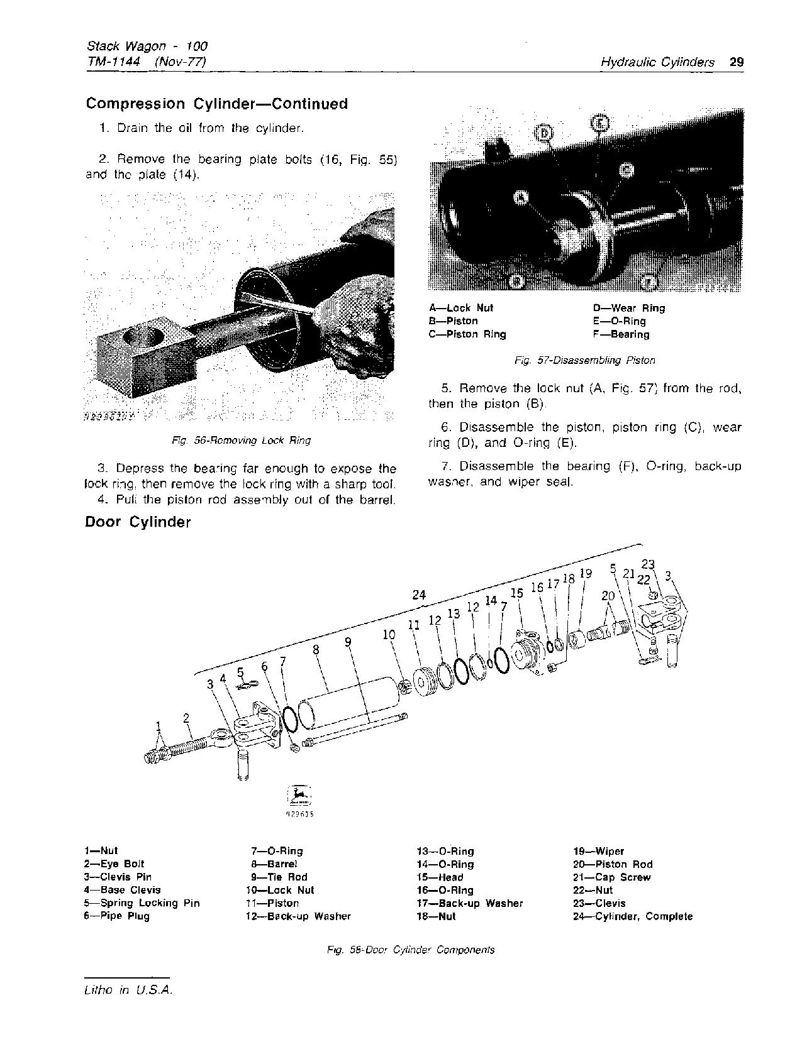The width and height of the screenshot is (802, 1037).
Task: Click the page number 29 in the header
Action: click(x=737, y=62)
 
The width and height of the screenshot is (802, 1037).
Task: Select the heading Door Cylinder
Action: click(x=138, y=522)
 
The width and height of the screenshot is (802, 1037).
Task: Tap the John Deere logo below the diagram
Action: click(x=299, y=796)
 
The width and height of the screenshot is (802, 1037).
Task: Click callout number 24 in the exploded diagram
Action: click(x=419, y=595)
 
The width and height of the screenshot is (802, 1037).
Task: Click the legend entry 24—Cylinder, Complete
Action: click(x=632, y=916)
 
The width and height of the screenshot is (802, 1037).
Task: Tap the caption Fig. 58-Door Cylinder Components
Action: click(x=410, y=950)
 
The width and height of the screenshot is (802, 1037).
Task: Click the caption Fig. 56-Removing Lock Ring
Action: click(x=242, y=441)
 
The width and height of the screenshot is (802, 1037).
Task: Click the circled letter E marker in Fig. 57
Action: click(x=599, y=123)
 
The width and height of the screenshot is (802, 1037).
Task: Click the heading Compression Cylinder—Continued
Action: click(x=216, y=104)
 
